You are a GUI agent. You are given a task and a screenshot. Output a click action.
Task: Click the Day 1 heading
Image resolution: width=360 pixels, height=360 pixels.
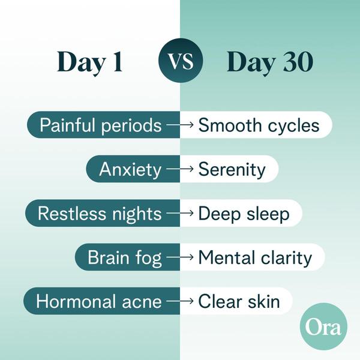click(89, 62)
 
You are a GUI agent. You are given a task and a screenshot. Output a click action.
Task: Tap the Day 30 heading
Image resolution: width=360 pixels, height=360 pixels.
click(270, 62)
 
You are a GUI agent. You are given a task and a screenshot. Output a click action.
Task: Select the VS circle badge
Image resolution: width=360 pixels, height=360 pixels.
click(181, 61)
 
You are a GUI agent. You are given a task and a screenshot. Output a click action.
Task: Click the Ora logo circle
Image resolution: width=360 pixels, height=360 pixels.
click(323, 326)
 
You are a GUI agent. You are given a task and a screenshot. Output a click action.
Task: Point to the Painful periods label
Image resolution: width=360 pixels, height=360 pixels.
click(101, 125)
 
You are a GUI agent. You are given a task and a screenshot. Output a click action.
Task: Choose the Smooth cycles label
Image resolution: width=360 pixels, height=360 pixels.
click(259, 125)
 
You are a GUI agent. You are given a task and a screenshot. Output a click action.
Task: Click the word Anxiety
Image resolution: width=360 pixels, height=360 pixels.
click(130, 170)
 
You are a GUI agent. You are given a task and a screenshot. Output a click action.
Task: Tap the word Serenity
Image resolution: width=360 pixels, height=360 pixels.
click(232, 170)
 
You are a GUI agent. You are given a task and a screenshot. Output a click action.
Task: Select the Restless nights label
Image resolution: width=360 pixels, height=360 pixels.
click(100, 214)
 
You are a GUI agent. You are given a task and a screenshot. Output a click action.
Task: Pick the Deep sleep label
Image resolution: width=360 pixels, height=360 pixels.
click(244, 214)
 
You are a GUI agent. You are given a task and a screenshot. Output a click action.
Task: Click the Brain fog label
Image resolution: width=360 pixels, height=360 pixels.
click(125, 257)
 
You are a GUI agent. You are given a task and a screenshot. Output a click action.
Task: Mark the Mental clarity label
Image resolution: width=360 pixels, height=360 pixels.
click(255, 257)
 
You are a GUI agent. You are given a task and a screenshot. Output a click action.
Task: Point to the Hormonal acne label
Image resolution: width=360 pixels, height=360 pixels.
click(99, 301)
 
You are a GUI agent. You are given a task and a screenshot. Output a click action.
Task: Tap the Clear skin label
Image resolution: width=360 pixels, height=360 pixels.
click(239, 301)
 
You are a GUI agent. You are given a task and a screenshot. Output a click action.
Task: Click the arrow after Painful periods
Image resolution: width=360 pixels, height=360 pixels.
click(180, 125)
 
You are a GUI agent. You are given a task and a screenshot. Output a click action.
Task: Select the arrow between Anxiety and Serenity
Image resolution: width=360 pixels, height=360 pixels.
click(180, 169)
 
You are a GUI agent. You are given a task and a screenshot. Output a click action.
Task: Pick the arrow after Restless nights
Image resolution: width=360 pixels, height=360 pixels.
click(180, 213)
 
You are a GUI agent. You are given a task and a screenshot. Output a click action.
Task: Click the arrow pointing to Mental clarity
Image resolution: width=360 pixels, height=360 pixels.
click(180, 257)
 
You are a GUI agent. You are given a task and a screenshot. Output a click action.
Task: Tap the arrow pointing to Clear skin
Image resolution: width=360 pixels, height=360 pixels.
click(180, 301)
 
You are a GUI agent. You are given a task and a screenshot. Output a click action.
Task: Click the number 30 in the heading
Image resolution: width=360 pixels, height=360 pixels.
click(298, 62)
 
